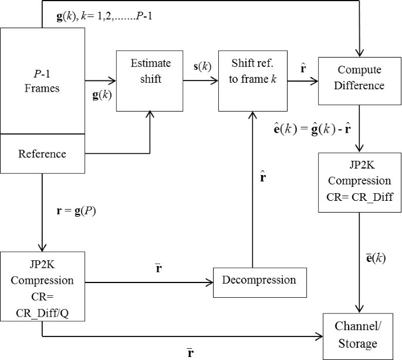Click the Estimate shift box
click(x=151, y=80)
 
